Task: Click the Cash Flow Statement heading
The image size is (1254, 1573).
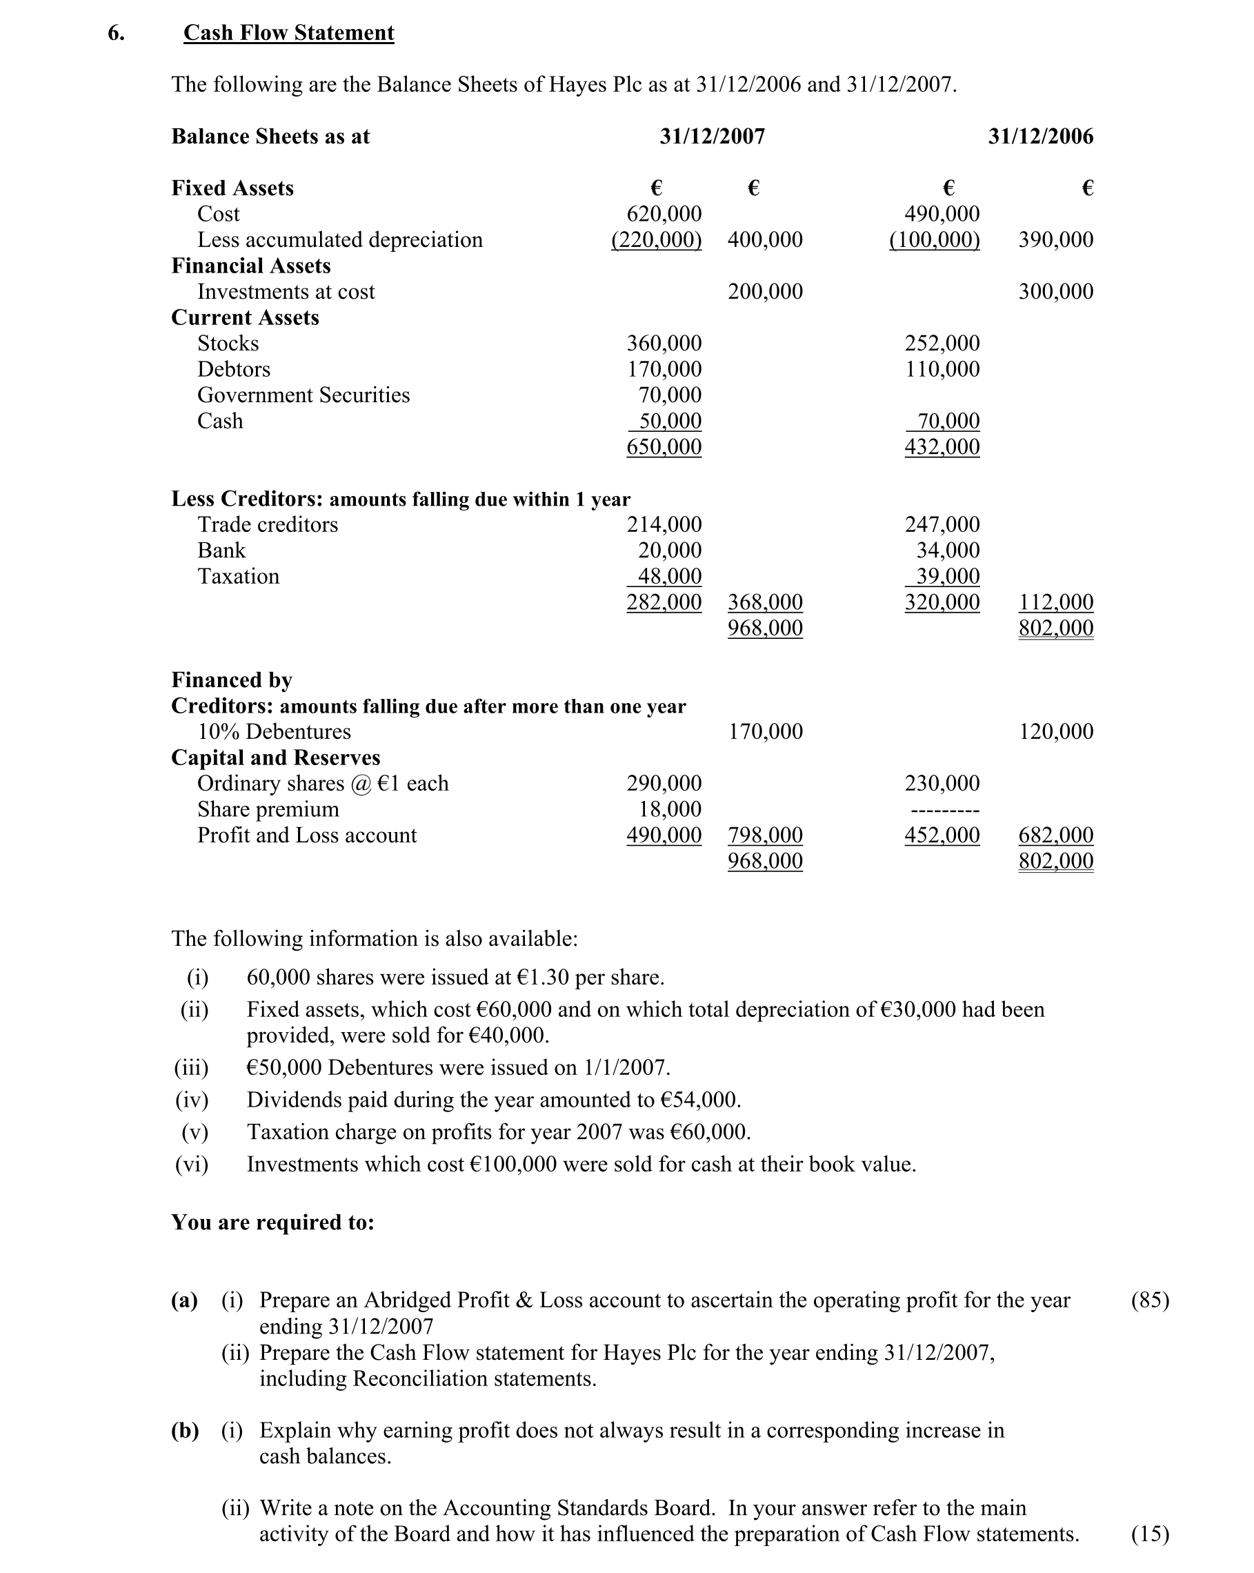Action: click(x=288, y=33)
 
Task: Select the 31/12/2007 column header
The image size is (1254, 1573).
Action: click(x=712, y=137)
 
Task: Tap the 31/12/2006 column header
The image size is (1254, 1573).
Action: click(x=1040, y=137)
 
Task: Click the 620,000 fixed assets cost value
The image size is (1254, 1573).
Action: click(x=664, y=214)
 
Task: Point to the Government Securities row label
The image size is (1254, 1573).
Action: click(x=303, y=395)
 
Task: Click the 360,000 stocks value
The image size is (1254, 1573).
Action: click(x=664, y=343)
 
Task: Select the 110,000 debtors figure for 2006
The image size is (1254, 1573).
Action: click(x=942, y=369)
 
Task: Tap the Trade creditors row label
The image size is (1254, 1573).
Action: click(x=268, y=524)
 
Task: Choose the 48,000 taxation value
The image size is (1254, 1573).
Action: click(x=669, y=576)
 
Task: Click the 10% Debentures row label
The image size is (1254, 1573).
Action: click(x=274, y=732)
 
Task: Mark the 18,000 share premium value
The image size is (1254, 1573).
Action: click(x=670, y=809)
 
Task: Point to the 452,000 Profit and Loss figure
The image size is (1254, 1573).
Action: click(x=942, y=835)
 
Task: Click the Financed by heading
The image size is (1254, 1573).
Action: click(x=231, y=680)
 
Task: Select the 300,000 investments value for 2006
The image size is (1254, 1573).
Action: click(x=1055, y=292)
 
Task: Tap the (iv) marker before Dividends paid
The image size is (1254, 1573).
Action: click(x=192, y=1100)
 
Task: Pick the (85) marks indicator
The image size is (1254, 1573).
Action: click(x=1150, y=1300)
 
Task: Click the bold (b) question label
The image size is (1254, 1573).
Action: click(x=185, y=1430)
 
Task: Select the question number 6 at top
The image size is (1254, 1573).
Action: click(x=116, y=33)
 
